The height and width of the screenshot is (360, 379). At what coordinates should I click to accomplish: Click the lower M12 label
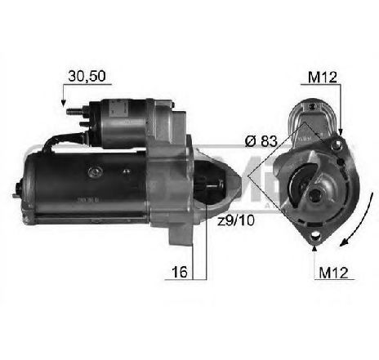pyautogui.click(x=332, y=271)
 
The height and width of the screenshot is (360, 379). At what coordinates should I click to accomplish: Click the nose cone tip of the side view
pyautogui.click(x=240, y=180)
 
